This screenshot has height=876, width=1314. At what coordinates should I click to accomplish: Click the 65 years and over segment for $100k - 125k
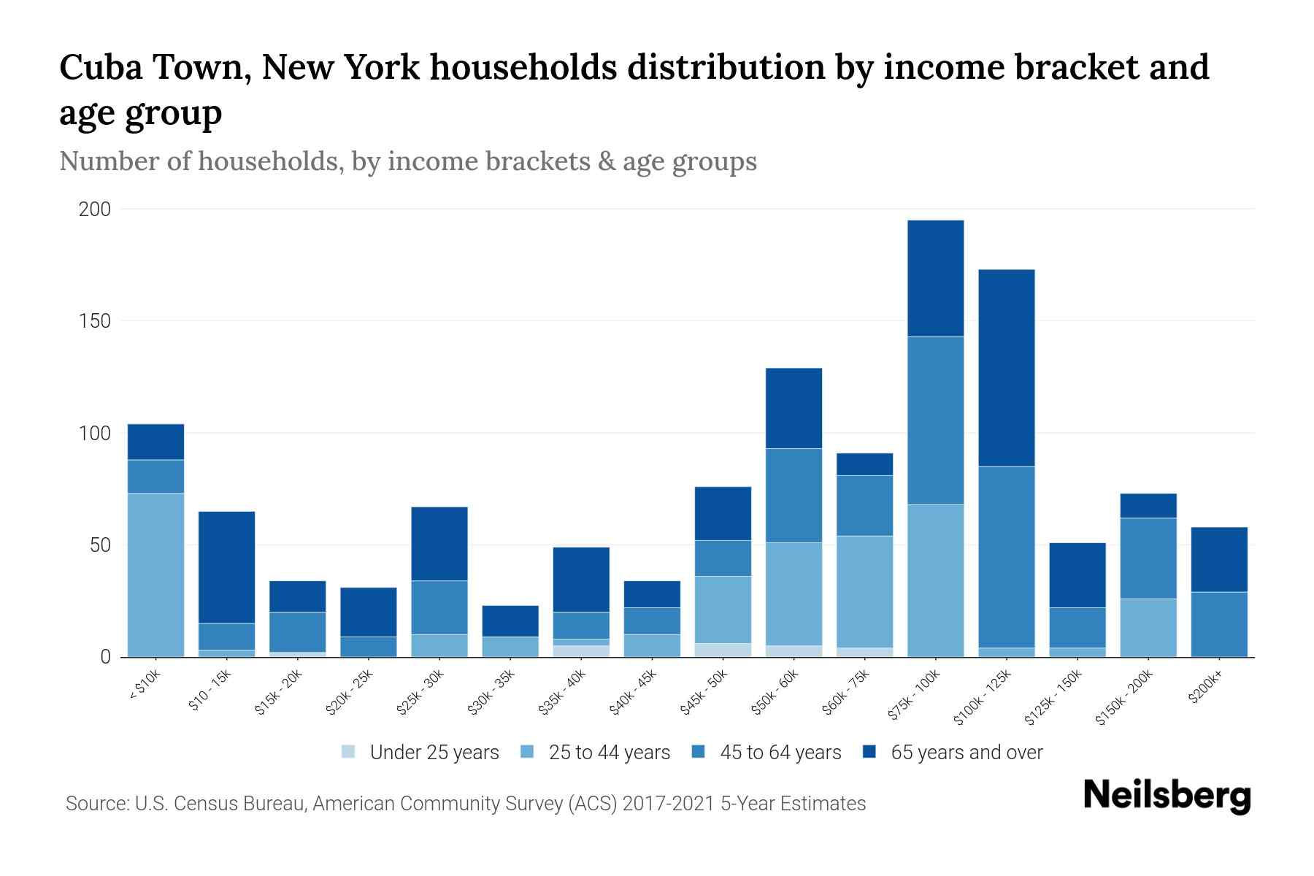tap(1007, 368)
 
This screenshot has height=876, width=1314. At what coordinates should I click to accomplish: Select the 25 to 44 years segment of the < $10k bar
tap(155, 575)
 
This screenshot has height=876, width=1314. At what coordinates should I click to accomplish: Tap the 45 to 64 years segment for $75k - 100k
tap(935, 420)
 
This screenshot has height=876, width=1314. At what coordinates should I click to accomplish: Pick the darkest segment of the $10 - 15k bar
tap(226, 567)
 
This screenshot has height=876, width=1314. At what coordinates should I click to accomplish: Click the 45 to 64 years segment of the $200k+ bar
tap(1219, 624)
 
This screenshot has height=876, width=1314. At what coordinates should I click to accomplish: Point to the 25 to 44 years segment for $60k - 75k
tap(864, 591)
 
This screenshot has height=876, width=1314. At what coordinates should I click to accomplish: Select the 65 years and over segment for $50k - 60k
tap(794, 408)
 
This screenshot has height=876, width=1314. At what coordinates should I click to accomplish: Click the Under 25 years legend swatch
tap(349, 752)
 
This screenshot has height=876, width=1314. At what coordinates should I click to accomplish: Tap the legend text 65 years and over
tap(967, 753)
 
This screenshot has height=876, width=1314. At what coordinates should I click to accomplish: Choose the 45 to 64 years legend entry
tap(780, 753)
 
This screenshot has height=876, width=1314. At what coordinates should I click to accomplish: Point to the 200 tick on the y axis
tap(94, 210)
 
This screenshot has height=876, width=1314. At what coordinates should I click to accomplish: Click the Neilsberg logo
tap(1167, 796)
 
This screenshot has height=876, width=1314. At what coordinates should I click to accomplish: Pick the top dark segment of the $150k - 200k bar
tap(1148, 506)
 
